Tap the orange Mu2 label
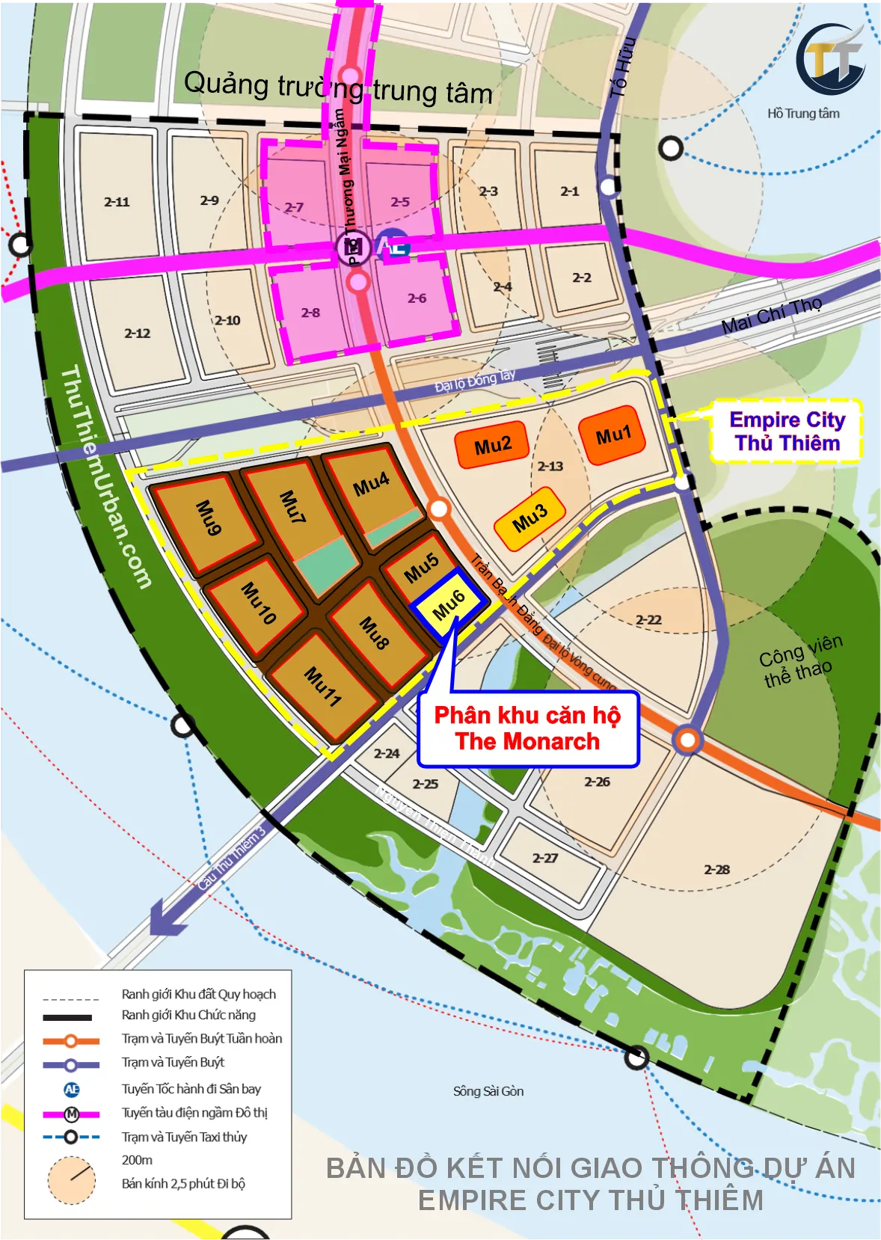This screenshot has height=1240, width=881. (492, 446)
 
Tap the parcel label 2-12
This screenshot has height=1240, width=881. (137, 334)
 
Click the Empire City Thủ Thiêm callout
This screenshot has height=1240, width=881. (787, 432)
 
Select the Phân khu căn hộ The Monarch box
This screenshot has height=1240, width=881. (528, 728)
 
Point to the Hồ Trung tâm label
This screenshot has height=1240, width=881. (803, 114)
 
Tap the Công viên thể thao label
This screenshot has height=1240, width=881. (799, 660)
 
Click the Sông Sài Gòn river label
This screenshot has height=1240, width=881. (488, 1091)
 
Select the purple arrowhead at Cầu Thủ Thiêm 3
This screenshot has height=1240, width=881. (167, 918)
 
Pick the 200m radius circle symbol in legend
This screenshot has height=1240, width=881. (72, 1180)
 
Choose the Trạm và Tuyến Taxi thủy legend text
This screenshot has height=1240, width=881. (184, 1137)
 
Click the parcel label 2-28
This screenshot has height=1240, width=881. (716, 869)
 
